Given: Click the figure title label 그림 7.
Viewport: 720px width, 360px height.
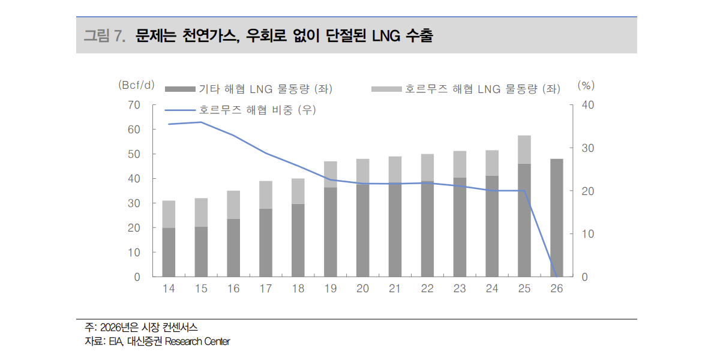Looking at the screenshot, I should tap(104, 35).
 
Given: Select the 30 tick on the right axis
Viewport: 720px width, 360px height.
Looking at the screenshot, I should tap(588, 148).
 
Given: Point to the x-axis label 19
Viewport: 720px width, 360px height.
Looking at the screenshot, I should tap(330, 289).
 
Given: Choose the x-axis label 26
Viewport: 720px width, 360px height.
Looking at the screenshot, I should tap(556, 289).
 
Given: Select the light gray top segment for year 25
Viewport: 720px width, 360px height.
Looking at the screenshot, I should tap(524, 149).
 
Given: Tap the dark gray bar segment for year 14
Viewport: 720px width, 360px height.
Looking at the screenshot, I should tap(169, 252).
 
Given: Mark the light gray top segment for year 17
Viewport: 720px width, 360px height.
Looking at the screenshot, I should tap(266, 194).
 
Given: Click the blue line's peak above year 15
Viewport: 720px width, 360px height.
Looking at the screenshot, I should tap(201, 122).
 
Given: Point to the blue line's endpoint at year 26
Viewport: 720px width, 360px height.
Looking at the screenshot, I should tap(556, 276).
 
